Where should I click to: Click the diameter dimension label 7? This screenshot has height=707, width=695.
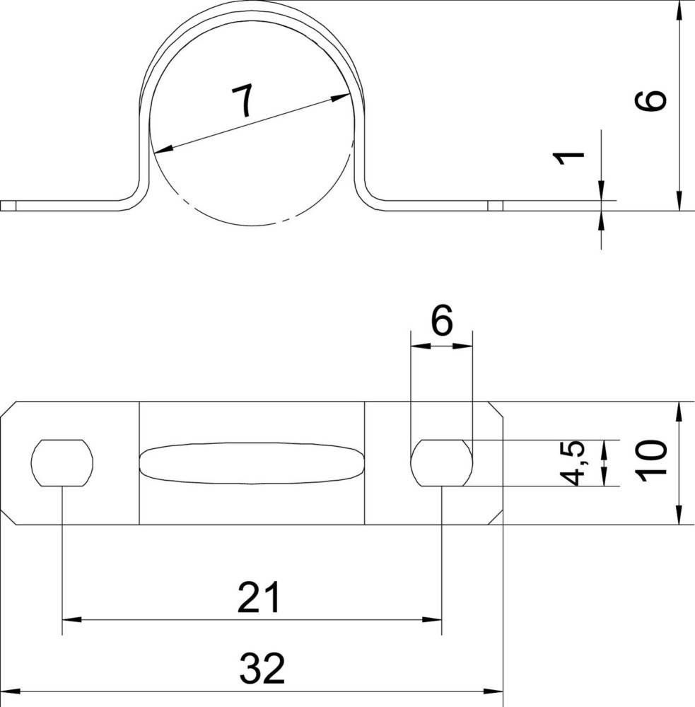(x=243, y=101)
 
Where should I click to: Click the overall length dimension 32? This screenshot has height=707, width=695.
(x=262, y=668)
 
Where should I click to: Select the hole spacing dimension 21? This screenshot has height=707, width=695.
(x=259, y=597)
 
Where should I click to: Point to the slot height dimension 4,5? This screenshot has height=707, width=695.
(x=572, y=463)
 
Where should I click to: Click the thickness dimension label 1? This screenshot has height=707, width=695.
(x=568, y=158)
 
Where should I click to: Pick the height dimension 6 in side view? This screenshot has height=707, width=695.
(x=650, y=100)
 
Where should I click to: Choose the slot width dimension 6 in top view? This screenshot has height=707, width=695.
(x=441, y=320)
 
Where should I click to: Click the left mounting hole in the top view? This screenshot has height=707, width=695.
(x=62, y=463)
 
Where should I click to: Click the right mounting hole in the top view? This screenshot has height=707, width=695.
(x=442, y=463)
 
